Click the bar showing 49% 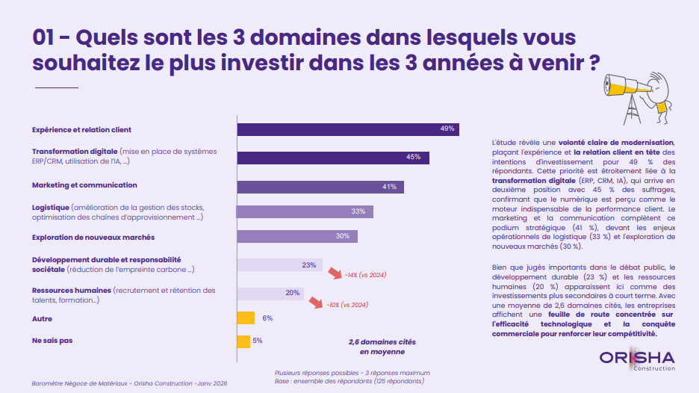click(x=347, y=129)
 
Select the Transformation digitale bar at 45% click(x=332, y=158)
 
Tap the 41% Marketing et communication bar click(x=320, y=186)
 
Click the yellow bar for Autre click(x=246, y=318)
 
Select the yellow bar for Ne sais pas click(x=243, y=341)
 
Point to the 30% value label click(x=343, y=236)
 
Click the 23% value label click(x=308, y=265)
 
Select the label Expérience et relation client click(x=81, y=129)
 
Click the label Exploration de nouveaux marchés click(x=93, y=237)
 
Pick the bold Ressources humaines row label click(x=72, y=291)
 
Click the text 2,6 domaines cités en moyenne click(x=382, y=346)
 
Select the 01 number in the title click(x=46, y=37)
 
